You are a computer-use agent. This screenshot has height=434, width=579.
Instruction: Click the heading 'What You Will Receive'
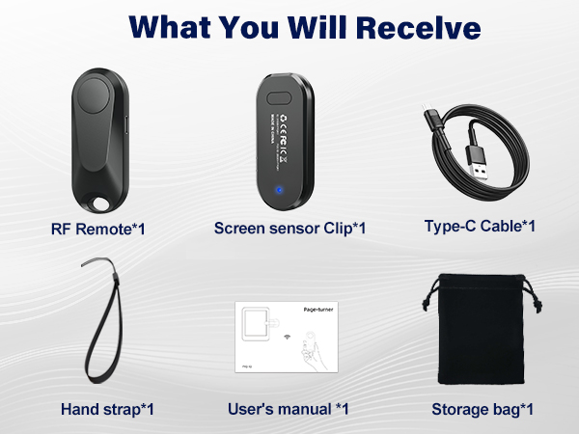pos(289,27)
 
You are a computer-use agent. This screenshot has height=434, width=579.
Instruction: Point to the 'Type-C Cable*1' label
pos(480,227)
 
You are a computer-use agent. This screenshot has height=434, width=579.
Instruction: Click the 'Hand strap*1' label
pos(107,409)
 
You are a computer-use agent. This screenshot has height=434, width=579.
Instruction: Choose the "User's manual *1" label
pos(288,409)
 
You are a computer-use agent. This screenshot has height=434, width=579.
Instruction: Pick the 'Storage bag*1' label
pos(482,409)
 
